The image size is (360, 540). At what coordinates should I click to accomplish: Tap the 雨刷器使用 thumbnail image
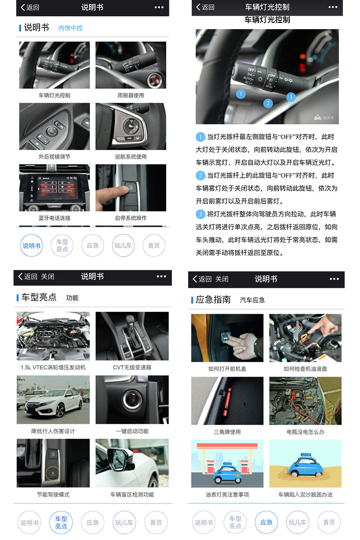(130, 65)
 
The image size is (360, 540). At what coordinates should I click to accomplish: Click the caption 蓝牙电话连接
(54, 218)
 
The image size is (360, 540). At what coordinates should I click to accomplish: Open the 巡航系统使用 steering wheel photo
(130, 126)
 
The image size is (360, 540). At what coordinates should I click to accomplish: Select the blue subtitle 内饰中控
(71, 28)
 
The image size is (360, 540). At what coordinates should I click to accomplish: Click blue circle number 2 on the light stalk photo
(268, 103)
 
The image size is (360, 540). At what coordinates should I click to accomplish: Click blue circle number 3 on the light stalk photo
(291, 97)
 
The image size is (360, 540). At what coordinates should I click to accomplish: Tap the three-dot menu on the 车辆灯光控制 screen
(333, 7)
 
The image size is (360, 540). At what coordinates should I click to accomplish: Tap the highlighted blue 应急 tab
(266, 522)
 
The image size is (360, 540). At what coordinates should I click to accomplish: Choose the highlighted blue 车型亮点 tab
(61, 522)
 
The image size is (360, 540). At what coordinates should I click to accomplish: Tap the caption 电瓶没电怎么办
(306, 432)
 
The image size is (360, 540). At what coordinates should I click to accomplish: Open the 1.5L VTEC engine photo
(53, 336)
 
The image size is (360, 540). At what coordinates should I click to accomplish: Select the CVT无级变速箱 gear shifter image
(132, 336)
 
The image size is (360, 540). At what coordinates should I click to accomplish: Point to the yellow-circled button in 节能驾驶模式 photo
(53, 474)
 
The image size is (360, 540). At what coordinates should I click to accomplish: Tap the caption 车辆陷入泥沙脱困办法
(306, 495)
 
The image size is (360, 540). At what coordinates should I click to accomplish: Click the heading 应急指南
(213, 300)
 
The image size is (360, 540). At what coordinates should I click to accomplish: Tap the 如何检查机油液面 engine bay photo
(306, 337)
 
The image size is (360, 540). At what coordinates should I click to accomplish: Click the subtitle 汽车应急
(252, 300)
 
